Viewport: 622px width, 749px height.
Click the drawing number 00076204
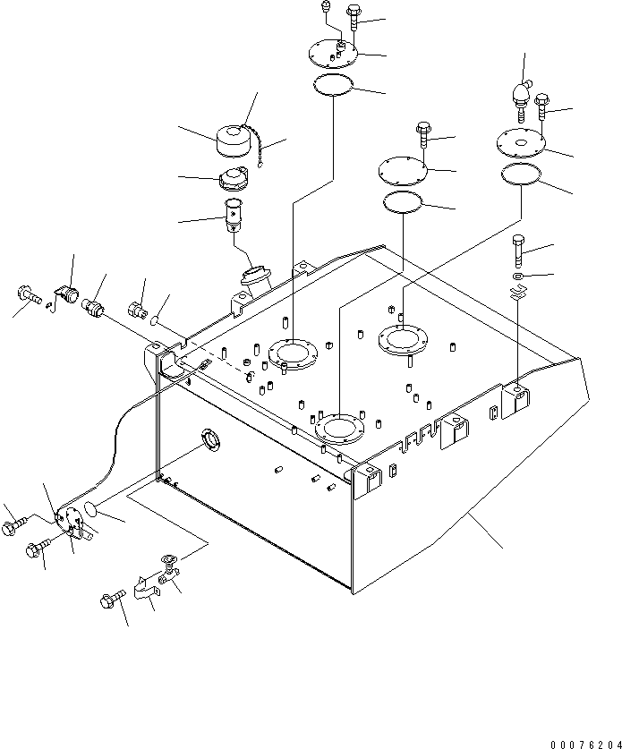pos(585,745)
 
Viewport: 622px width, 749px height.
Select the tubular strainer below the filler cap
pos(233,215)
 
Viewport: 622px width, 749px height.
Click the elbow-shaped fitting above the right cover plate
pos(520,101)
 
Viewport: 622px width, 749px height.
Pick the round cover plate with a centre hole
pos(521,140)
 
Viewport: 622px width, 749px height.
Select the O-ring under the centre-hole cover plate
pos(521,174)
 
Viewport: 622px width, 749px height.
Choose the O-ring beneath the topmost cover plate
pos(334,86)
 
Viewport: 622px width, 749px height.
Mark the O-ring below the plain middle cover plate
pos(403,202)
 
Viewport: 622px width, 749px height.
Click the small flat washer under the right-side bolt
pos(518,277)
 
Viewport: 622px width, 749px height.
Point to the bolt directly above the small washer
pos(519,251)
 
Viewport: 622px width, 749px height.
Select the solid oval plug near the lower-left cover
pos(91,507)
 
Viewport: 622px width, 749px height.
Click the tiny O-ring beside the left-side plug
pos(154,321)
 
